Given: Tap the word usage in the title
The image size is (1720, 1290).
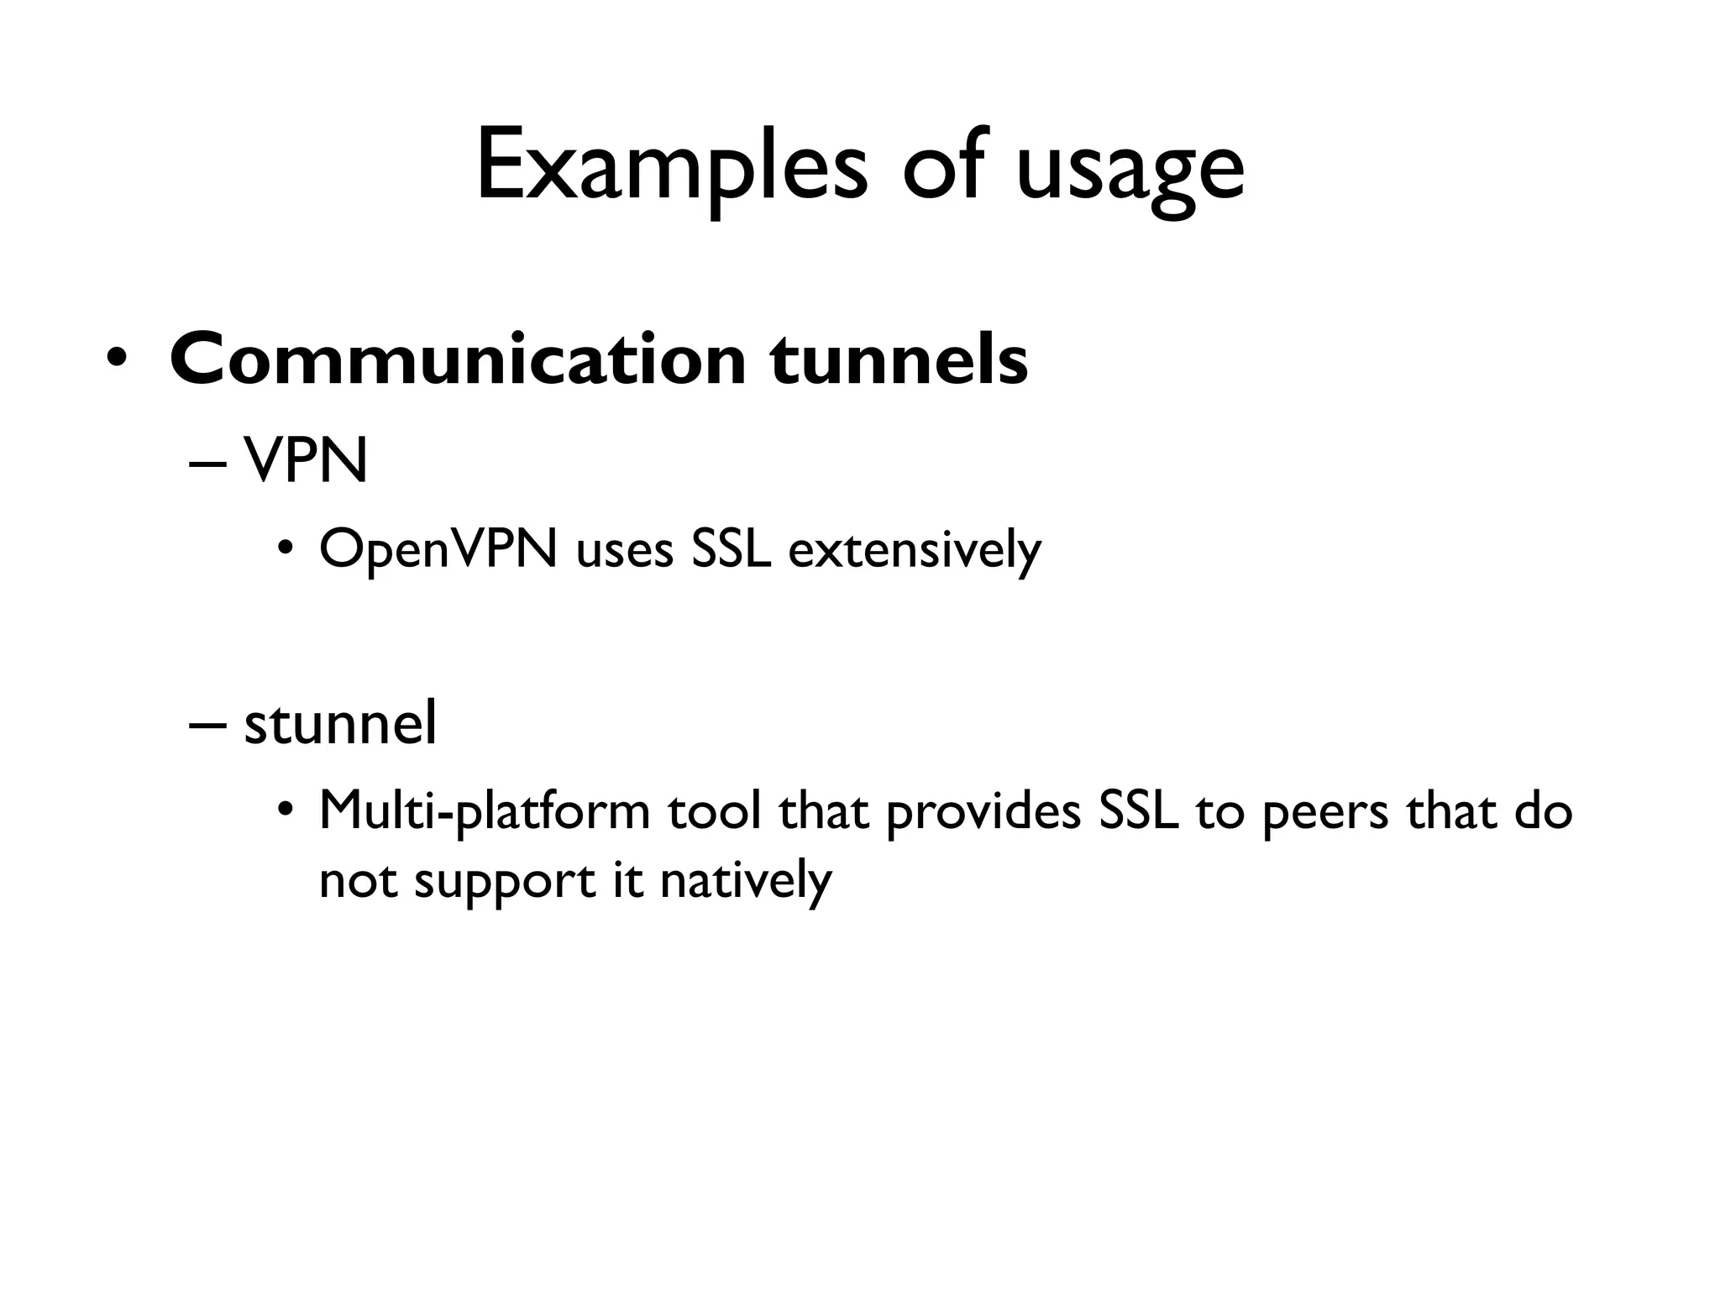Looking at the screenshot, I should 1130,172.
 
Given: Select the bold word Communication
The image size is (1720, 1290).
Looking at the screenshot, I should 458,359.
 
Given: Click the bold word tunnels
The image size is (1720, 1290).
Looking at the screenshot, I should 899,359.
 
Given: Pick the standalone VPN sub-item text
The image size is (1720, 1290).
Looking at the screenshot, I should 306,461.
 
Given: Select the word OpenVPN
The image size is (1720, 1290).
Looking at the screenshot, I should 438,550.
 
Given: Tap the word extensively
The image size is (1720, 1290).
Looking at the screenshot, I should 915,552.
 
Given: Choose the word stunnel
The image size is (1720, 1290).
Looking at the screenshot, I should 340,723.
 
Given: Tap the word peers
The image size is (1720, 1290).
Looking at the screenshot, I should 1325,815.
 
